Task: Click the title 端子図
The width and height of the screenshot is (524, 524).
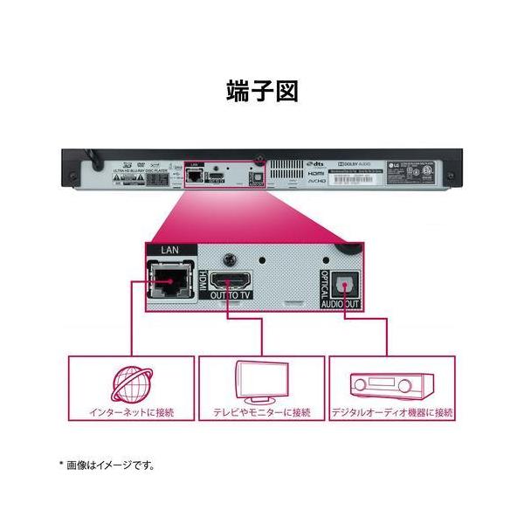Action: pos(261,92)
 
